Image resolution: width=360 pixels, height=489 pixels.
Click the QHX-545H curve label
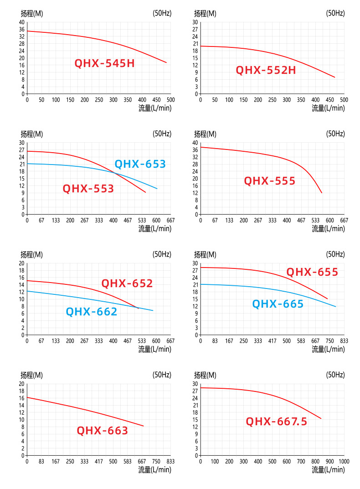coord(105,63)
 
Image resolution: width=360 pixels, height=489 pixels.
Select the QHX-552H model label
coord(266,70)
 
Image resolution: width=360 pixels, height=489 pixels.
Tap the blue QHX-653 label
coord(140,164)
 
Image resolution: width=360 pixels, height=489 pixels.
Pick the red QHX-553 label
coord(88,188)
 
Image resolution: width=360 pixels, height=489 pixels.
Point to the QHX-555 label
coord(269,181)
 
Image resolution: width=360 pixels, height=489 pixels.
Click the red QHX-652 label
coord(127,283)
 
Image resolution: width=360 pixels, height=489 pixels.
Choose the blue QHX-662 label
coord(92,312)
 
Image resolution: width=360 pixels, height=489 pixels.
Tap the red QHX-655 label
coord(312,272)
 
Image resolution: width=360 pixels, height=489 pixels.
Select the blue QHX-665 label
coord(278,304)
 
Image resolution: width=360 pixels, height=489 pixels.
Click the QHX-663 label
coord(102,431)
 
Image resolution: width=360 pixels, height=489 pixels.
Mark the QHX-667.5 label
coord(276,422)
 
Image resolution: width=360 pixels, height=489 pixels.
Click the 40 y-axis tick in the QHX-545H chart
coord(21,22)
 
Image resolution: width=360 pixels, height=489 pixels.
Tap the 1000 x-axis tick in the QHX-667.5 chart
coord(344,461)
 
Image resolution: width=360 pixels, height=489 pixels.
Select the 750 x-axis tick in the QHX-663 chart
coord(156,461)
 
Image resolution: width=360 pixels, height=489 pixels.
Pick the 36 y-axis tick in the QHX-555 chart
coord(195,150)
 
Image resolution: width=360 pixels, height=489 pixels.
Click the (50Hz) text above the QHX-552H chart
coord(335,13)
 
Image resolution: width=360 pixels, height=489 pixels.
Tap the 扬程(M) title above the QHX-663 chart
coord(31,375)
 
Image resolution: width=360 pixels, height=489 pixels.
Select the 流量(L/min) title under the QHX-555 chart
coord(328,229)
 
